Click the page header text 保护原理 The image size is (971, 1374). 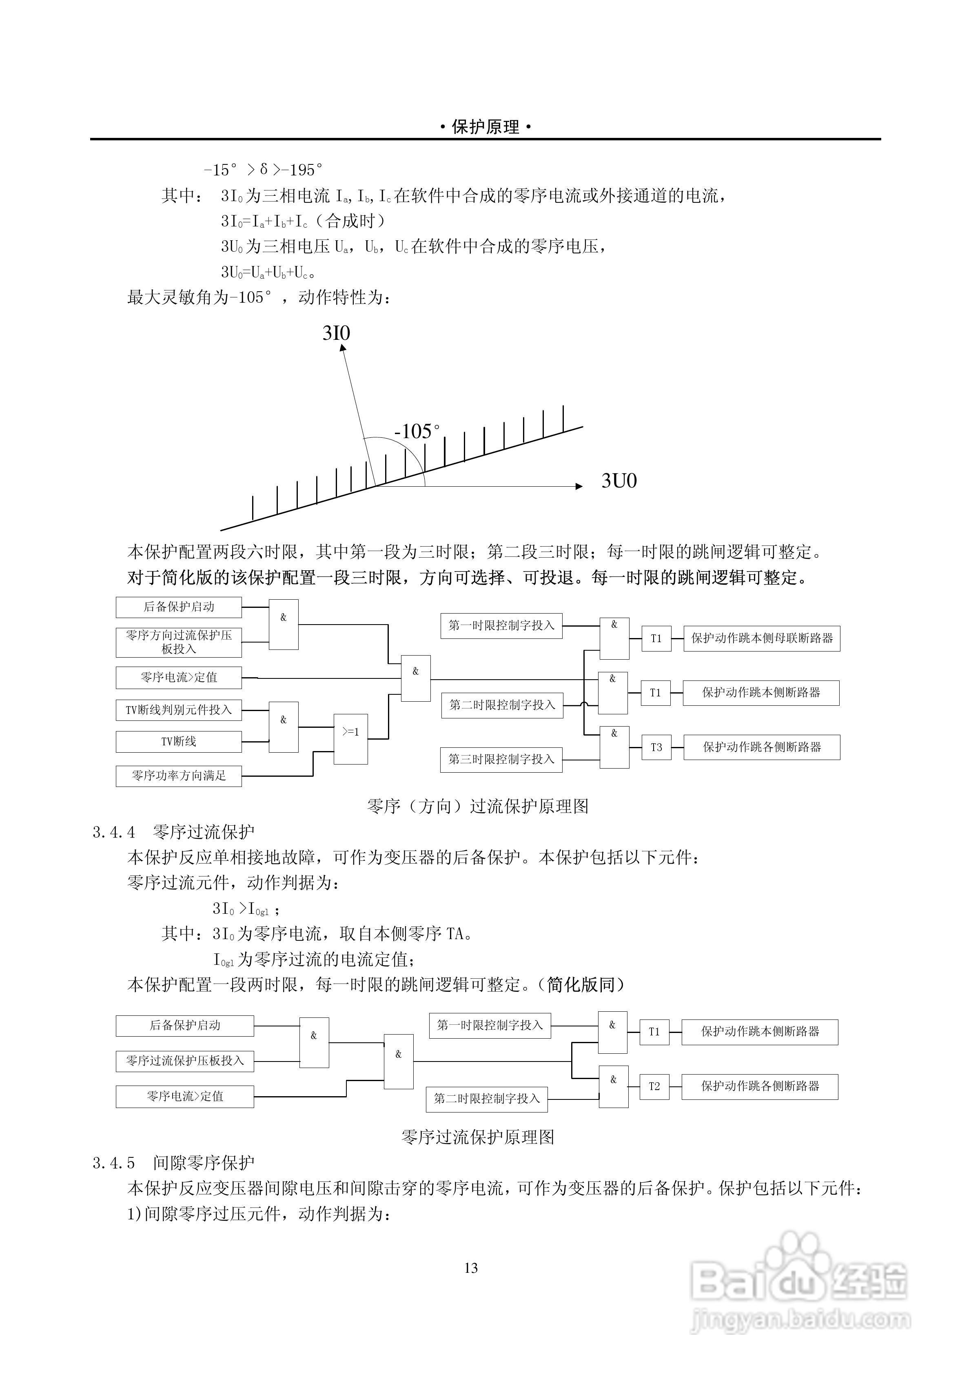coord(485,127)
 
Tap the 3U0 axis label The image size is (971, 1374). coord(619,481)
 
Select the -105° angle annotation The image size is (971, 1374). coord(417,431)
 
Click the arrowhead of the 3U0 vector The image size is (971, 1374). coord(579,486)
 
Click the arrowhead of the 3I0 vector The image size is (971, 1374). coord(343,347)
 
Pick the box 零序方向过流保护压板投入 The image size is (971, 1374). coord(178,642)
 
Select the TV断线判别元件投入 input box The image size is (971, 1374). coord(178,710)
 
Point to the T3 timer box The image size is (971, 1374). coord(656,747)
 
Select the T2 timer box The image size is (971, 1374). coord(654,1086)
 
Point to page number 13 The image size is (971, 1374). coord(471,1268)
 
